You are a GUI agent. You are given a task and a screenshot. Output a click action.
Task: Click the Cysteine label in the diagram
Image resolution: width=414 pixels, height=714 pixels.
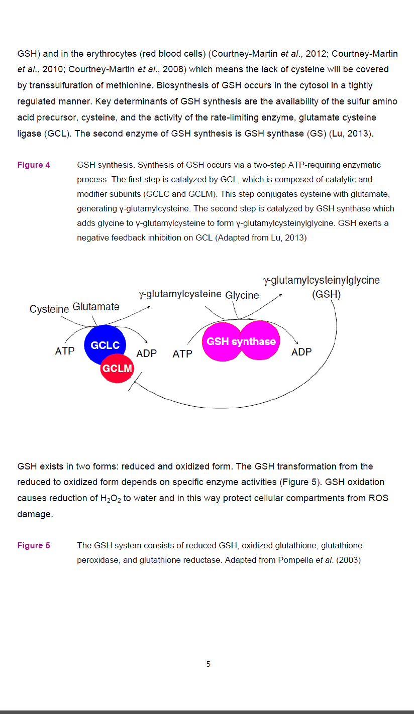[49, 309]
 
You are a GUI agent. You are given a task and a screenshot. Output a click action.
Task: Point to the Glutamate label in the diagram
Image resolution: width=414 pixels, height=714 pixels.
[96, 306]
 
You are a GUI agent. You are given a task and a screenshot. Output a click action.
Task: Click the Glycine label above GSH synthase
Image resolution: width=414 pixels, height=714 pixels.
[242, 295]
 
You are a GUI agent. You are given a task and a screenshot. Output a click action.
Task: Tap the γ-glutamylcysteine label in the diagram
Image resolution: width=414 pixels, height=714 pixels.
[180, 294]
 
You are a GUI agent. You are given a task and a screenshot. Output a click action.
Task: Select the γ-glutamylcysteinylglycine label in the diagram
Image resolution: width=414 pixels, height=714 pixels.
[322, 280]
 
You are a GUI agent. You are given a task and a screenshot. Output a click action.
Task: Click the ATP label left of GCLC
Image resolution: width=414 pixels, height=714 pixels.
[65, 351]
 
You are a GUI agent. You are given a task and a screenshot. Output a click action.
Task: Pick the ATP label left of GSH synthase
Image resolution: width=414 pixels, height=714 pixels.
[182, 353]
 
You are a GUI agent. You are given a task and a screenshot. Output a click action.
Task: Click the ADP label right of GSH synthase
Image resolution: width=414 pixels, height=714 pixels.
[301, 351]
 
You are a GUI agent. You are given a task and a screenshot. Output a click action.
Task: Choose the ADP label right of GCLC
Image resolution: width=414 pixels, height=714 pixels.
[147, 353]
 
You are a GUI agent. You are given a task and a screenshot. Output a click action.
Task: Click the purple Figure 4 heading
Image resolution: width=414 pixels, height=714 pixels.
[34, 165]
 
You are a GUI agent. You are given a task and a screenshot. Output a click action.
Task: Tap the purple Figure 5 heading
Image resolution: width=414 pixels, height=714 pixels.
[34, 545]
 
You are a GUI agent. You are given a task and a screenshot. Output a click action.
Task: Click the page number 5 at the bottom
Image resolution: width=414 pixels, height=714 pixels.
[209, 664]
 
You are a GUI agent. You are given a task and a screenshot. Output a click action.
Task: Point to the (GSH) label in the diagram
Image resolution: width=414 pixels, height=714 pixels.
[326, 294]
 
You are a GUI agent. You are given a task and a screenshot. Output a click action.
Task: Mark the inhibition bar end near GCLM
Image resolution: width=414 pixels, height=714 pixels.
[135, 381]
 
